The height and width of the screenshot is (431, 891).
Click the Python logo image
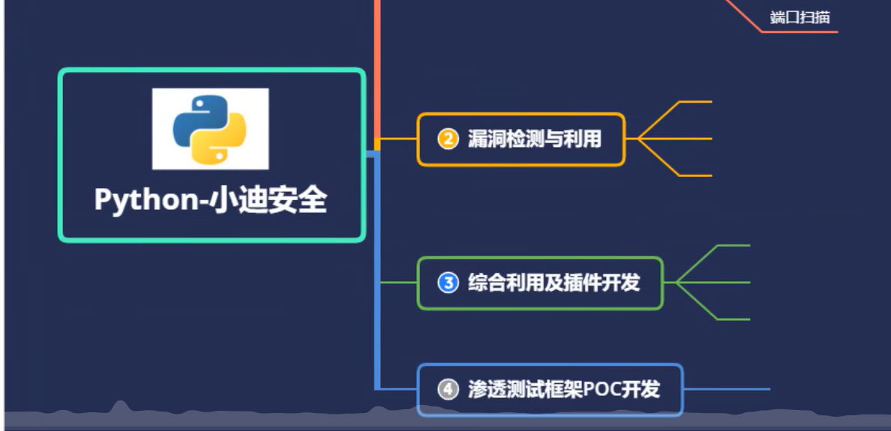(210, 128)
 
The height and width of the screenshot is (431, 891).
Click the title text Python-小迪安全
(211, 200)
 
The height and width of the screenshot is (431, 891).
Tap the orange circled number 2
(448, 139)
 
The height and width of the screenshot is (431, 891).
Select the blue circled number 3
(448, 283)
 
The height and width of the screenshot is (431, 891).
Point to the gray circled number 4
(448, 389)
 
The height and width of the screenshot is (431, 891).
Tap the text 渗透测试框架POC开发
(563, 389)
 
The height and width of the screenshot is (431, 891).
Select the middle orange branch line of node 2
(675, 139)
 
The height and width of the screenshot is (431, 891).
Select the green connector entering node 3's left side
(398, 283)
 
